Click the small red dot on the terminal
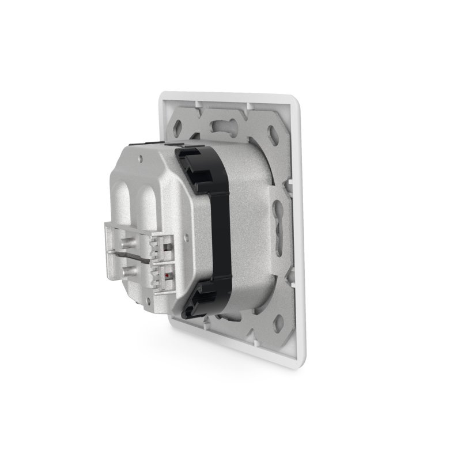click(167, 277)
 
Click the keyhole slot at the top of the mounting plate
click(221, 124)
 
